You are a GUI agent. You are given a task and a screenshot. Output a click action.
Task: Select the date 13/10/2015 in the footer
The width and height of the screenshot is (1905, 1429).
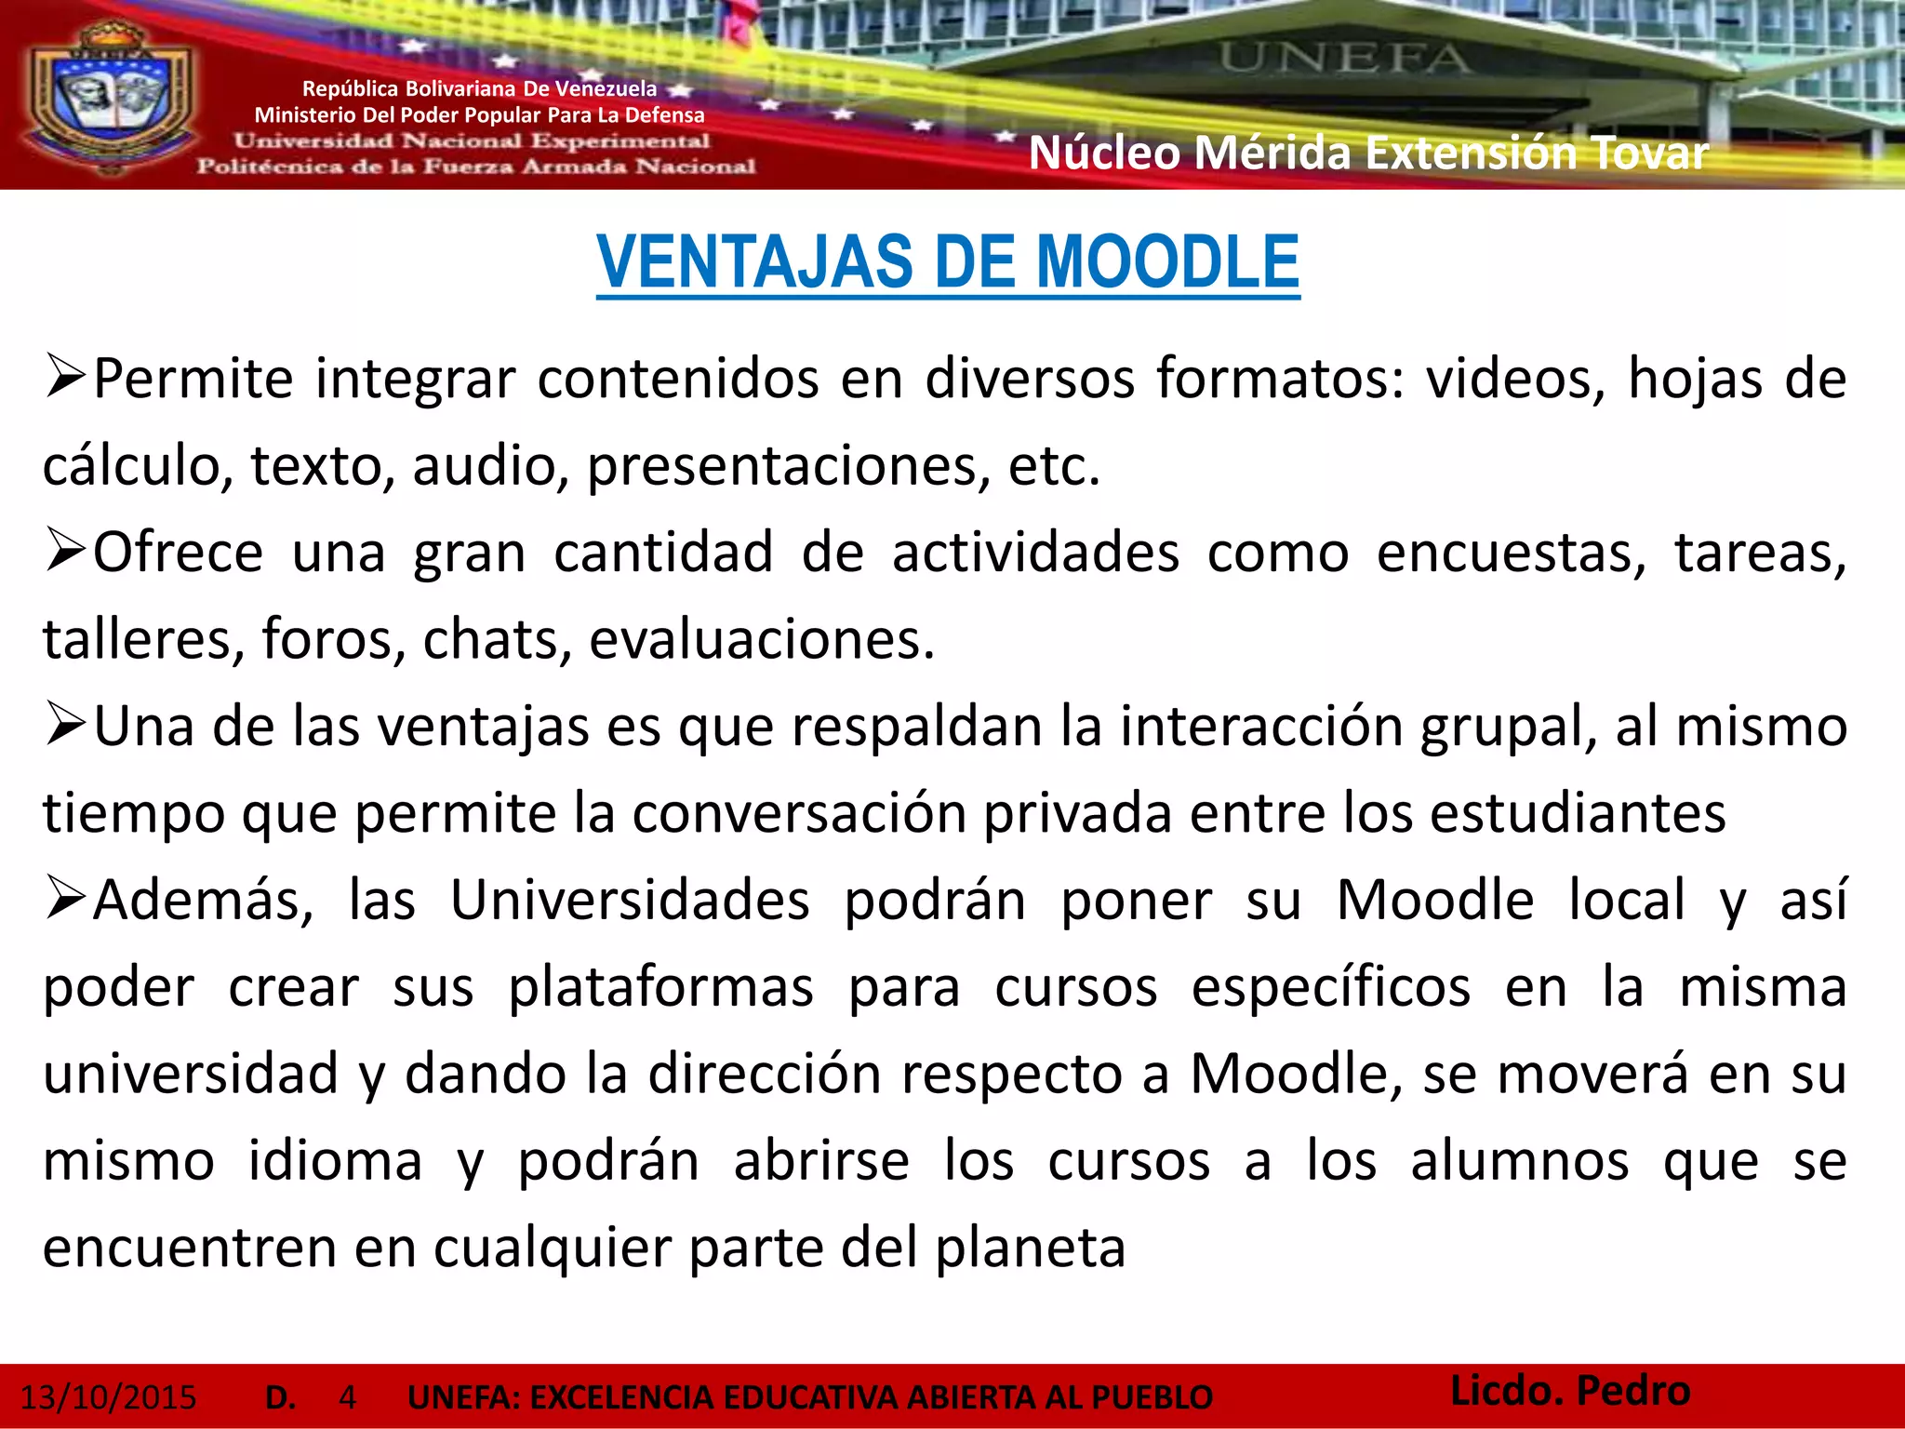pyautogui.click(x=109, y=1397)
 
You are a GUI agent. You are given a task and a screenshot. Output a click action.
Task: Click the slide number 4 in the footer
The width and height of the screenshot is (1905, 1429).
pyautogui.click(x=348, y=1397)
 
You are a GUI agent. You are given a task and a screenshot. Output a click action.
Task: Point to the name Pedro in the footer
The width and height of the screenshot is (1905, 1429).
pyautogui.click(x=1633, y=1391)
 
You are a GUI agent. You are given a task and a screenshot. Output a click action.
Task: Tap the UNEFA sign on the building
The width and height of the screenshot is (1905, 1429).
pyautogui.click(x=1345, y=58)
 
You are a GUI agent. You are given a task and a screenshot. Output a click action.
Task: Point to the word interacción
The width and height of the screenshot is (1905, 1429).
pyautogui.click(x=1261, y=727)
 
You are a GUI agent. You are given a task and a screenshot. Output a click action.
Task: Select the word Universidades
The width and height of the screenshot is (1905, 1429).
pyautogui.click(x=630, y=901)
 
